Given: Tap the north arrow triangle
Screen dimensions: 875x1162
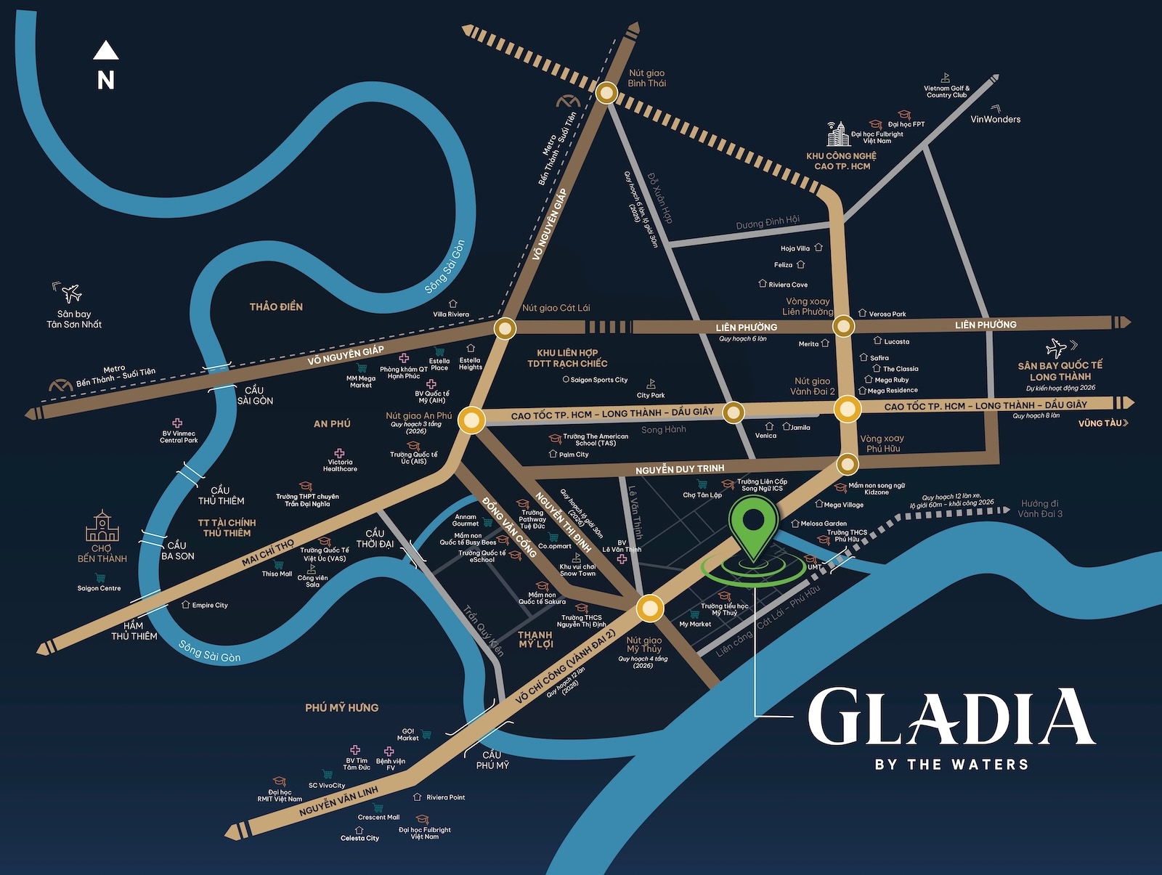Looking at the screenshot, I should (x=106, y=51).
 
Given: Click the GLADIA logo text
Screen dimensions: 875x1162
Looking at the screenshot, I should (x=951, y=717).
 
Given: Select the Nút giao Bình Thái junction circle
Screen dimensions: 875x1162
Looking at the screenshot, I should (x=606, y=93).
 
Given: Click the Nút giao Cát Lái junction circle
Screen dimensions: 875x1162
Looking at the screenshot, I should (x=505, y=329).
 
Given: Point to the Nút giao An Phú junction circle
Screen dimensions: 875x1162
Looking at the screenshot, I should (x=471, y=420).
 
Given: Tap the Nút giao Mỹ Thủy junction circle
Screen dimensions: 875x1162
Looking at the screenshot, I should (x=649, y=609).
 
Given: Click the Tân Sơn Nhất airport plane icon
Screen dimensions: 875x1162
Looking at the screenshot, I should (x=71, y=293).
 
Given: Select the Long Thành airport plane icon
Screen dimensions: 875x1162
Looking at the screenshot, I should (x=1057, y=348).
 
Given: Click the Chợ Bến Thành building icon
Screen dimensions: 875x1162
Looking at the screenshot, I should (x=102, y=526).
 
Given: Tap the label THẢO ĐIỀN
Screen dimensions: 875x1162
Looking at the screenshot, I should (x=276, y=307).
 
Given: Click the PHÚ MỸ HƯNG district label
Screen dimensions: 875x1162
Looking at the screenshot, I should (x=341, y=707).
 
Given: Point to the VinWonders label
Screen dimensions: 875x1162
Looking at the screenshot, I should (x=995, y=119).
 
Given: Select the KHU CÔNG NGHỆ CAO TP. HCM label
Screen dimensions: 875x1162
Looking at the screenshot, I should (x=841, y=161).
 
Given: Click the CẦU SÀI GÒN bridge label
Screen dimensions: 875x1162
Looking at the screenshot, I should (x=255, y=396).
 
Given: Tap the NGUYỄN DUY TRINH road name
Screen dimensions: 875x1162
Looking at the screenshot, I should (x=680, y=469).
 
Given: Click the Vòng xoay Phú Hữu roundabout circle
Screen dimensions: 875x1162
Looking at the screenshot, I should (x=847, y=463).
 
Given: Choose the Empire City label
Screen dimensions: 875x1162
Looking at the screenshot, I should (x=210, y=605).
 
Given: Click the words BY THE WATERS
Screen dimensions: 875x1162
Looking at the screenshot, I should (x=951, y=764).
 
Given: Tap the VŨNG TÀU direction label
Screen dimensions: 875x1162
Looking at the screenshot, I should (x=1102, y=423).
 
